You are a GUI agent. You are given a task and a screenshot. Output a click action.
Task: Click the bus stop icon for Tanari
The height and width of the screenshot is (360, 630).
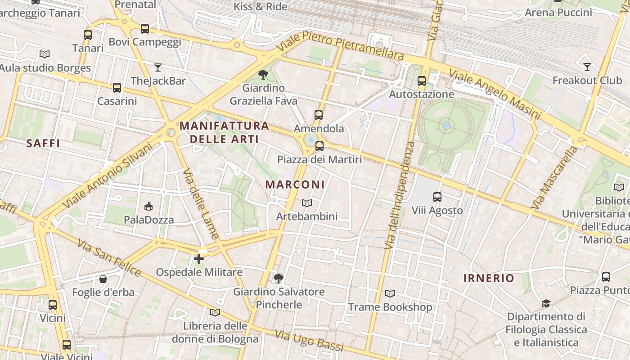[88, 35]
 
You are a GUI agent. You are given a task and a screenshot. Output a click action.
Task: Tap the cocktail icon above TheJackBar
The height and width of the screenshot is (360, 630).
[157, 67]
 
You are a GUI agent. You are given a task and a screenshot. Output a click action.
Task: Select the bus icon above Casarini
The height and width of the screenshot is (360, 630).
[117, 87]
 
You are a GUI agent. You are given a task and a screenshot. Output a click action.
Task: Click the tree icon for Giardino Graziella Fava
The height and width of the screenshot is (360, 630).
[263, 74]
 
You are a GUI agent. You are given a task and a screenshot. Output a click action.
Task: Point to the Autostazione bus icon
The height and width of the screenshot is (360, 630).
[422, 81]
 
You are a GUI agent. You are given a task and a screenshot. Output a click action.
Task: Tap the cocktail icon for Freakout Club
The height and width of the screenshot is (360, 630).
[587, 67]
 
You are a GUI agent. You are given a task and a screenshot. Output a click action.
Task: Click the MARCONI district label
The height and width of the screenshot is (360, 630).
[295, 184]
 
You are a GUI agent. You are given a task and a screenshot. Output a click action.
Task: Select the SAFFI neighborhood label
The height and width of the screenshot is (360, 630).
[43, 143]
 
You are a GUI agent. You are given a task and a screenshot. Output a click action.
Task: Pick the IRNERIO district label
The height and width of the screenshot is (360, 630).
[489, 278]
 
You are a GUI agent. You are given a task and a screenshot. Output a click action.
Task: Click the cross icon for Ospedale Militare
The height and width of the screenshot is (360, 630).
[198, 259]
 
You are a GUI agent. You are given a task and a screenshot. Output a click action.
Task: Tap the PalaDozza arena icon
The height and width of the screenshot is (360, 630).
[148, 207]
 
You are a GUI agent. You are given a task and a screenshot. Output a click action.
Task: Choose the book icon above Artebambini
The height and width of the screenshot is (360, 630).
[306, 203]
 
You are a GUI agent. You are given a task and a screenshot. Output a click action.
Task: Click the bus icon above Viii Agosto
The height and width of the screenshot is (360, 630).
[437, 197]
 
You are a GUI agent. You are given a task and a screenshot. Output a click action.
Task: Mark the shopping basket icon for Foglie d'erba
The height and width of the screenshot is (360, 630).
[103, 279]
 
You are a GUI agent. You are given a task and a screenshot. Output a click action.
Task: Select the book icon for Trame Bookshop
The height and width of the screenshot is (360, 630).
[390, 294]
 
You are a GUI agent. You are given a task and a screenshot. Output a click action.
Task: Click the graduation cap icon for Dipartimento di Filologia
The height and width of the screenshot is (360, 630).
[546, 303]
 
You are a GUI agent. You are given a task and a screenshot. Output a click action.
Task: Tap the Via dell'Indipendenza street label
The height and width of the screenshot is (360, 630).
[399, 196]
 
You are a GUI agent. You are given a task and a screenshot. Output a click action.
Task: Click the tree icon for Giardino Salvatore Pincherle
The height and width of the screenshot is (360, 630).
[279, 278]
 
